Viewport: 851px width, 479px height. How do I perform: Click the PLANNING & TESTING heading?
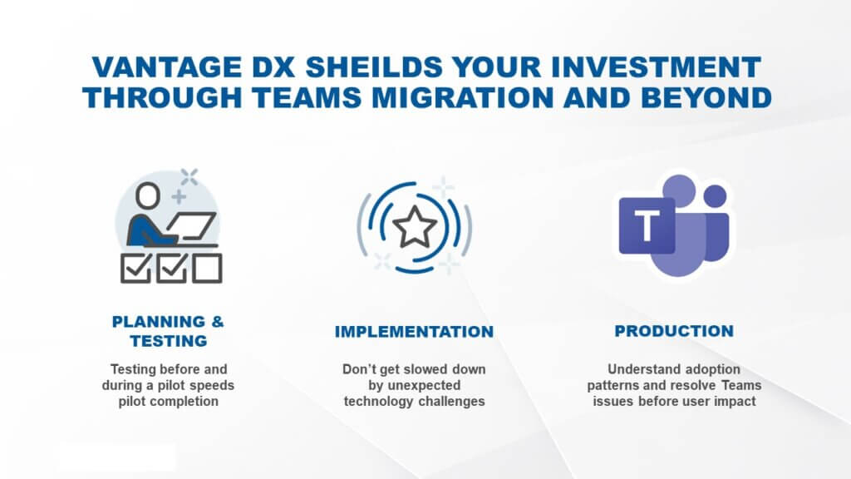coord(169,331)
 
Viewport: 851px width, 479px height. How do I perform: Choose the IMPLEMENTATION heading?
coord(414,332)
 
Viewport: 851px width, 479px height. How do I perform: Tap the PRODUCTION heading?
coord(674,331)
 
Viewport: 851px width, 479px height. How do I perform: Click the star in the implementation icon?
coord(414,227)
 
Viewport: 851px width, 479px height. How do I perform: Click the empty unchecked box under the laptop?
coord(207,269)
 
